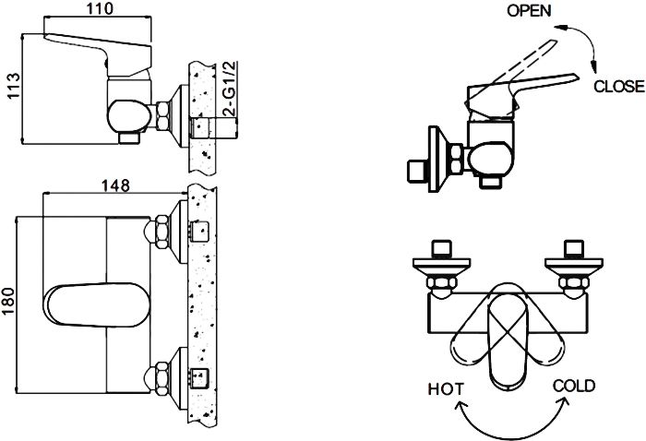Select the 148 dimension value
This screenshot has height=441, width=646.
116,185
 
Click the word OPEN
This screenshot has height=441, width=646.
529,11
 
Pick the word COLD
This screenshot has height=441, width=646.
573,386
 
